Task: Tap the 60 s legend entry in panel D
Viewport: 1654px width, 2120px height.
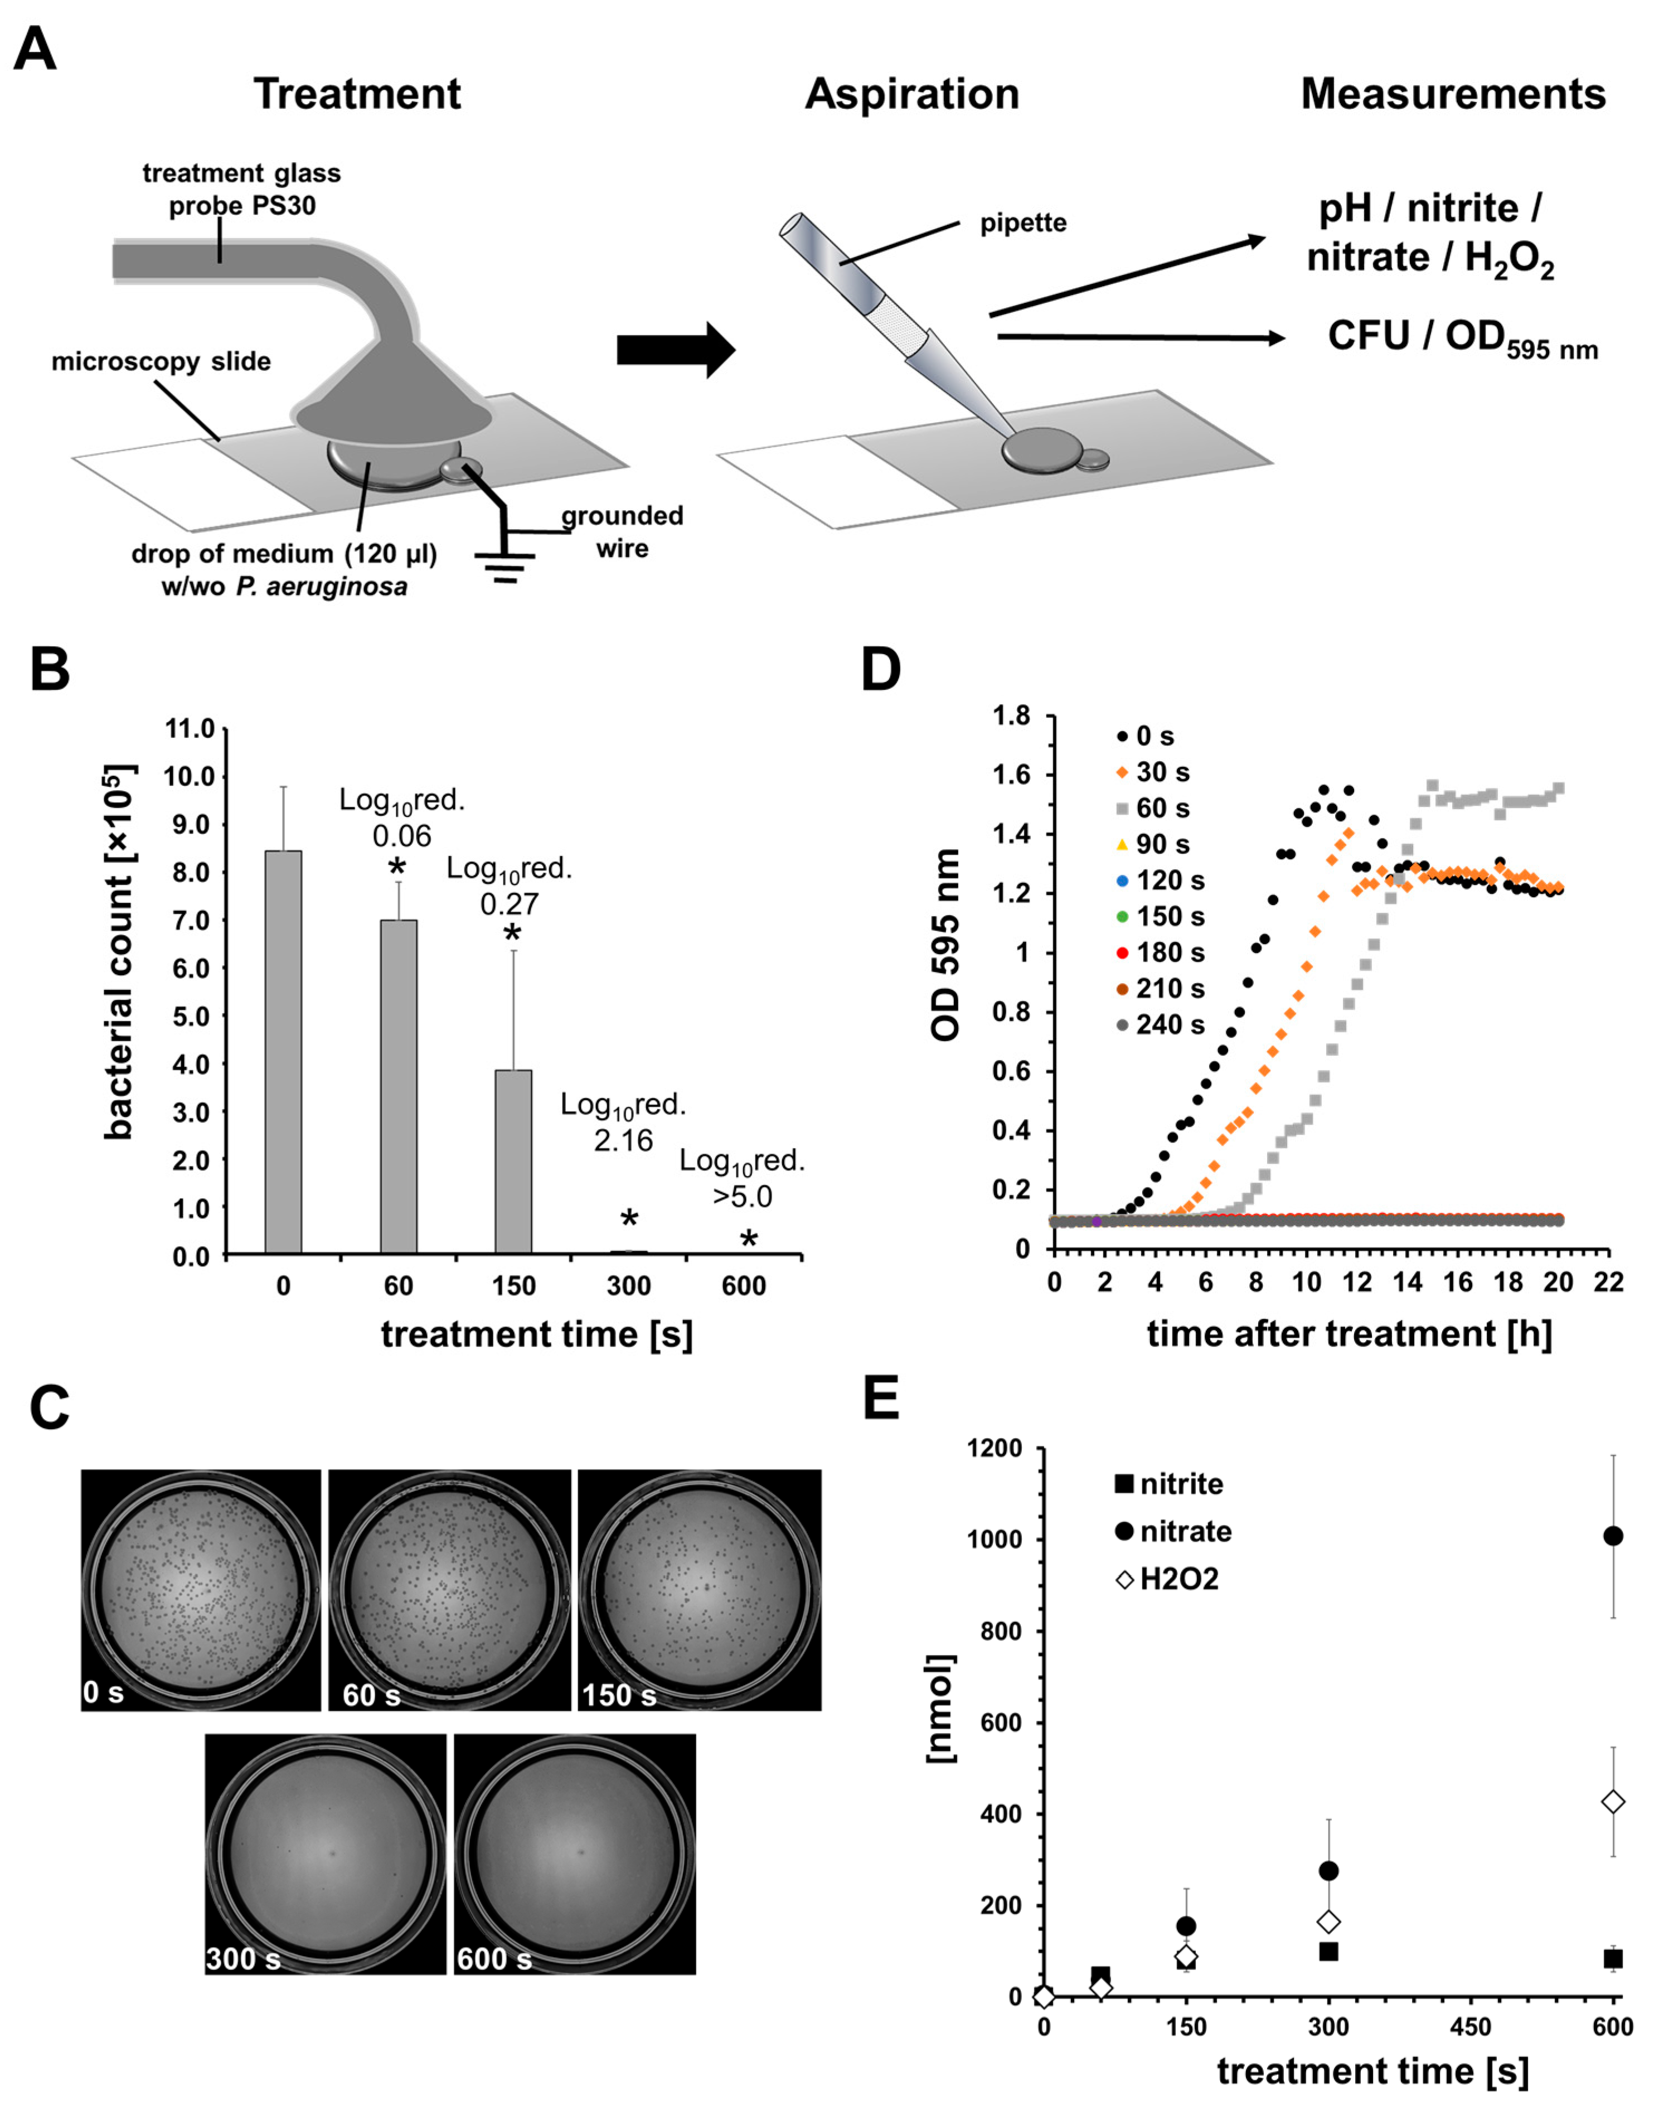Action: coord(1152,807)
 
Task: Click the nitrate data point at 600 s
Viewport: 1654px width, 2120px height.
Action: coord(1613,1536)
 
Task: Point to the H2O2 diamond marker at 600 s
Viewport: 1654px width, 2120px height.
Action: coord(1613,1802)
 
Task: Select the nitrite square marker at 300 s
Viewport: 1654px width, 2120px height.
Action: coord(1329,1951)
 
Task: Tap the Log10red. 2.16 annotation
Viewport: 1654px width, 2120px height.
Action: coord(623,1122)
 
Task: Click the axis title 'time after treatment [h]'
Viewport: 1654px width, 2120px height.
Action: coord(1349,1333)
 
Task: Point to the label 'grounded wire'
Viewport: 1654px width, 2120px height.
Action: coord(622,531)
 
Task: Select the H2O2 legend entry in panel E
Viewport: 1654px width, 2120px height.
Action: coord(1168,1579)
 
